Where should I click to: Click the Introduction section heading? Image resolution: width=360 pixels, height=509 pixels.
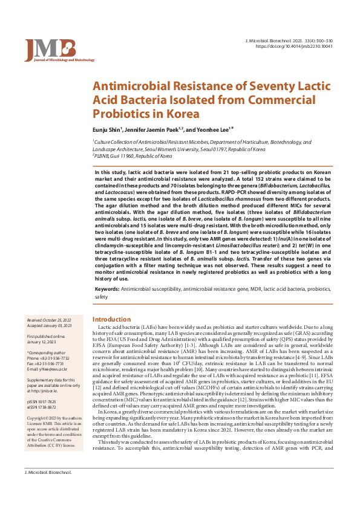112,319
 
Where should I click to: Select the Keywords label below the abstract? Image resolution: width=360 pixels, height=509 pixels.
106,290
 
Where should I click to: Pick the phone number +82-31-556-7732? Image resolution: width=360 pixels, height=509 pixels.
52,357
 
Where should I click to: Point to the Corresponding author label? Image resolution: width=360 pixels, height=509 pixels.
46,352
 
